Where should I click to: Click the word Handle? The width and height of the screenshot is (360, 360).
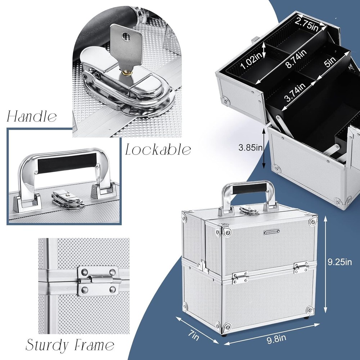point(32,117)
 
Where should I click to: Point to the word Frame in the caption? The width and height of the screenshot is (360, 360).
point(94,345)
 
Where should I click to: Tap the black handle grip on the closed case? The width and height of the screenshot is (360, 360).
point(246,188)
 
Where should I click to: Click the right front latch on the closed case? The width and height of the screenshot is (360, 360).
point(301,267)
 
